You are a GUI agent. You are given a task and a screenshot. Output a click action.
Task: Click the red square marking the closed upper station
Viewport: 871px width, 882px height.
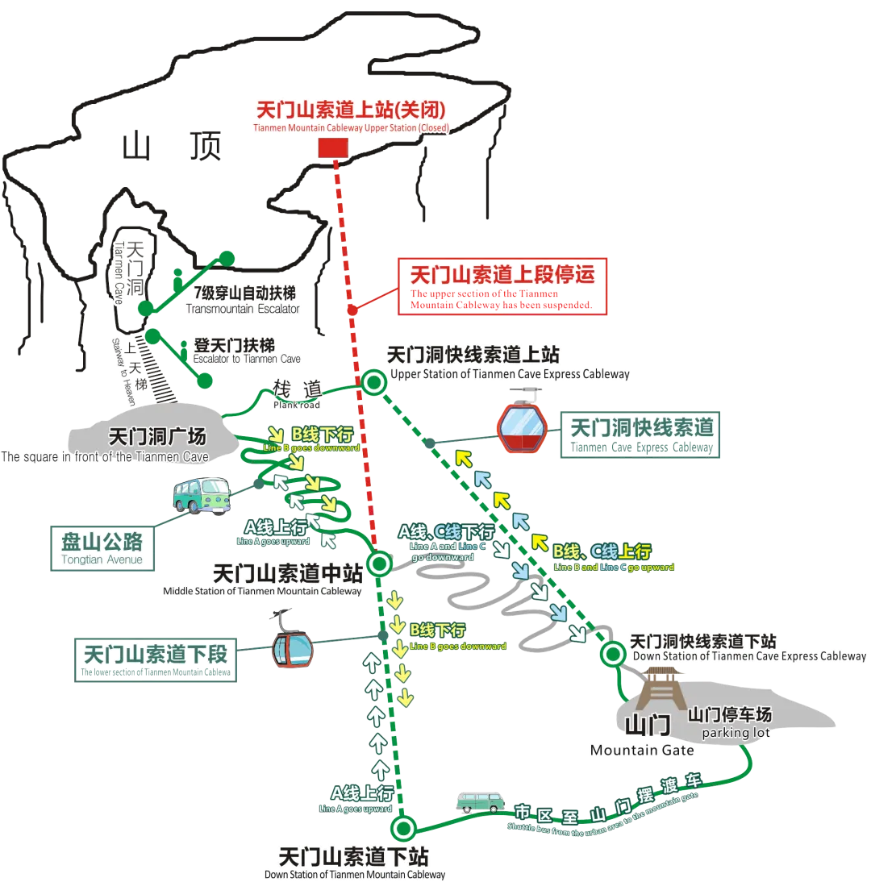pos(332,148)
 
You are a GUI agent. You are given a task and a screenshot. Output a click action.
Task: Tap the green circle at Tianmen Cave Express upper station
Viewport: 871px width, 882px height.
pos(373,383)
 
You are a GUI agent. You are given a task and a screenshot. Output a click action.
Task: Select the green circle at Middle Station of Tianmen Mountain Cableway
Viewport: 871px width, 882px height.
pos(377,562)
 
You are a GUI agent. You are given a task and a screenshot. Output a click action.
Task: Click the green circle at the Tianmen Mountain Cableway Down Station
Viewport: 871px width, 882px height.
pos(402,828)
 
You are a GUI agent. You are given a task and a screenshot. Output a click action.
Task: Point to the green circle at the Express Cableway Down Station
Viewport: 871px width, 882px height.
pos(614,654)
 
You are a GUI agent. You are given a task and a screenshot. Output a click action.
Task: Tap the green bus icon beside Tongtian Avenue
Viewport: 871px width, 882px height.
pos(201,494)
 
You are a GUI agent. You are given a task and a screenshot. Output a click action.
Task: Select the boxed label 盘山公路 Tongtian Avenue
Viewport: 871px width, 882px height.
pos(102,547)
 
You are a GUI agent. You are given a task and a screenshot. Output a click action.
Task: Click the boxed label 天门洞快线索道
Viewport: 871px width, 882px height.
pos(641,435)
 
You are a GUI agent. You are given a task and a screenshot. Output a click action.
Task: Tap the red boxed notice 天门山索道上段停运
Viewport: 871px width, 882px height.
pos(504,285)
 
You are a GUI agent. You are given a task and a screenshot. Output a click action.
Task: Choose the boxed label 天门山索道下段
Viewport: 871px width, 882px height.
pos(156,659)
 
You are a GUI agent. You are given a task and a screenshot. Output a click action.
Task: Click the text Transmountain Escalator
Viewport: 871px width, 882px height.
pos(242,310)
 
